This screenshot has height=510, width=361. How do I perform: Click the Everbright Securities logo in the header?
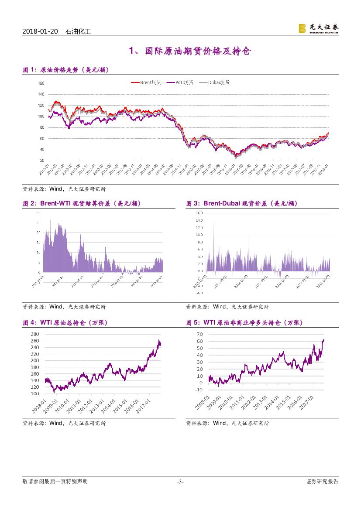pos(318,29)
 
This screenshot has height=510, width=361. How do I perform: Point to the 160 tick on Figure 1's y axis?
pos(41,83)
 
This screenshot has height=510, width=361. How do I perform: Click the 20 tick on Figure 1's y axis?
pos(42,160)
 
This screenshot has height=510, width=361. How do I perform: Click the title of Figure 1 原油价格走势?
pos(65,70)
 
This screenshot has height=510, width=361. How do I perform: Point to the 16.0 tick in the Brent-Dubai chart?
pos(199,213)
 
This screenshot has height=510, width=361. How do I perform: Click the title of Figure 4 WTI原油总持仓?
pos(65,323)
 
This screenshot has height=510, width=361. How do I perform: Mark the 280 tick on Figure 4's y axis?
pos(36,334)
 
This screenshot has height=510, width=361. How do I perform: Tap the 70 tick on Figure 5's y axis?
pos(199,334)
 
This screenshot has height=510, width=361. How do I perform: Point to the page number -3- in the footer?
pos(180,482)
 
